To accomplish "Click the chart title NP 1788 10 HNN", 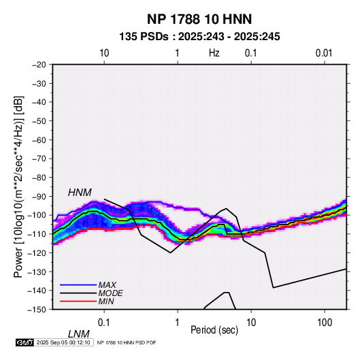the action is (x=199, y=19).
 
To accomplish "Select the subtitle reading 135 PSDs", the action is (x=144, y=37).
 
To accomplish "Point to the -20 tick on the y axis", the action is (x=39, y=65).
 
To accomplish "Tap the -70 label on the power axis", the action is (x=39, y=159).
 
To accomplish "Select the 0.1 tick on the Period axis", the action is (x=104, y=323).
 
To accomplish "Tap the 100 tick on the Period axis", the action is (x=325, y=323).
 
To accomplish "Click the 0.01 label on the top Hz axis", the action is (x=324, y=53).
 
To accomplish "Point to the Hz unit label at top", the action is (x=214, y=53).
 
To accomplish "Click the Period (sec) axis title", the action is (x=214, y=330).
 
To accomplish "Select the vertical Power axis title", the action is (x=18, y=186).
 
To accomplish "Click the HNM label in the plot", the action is (x=80, y=193).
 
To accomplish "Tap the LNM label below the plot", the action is (x=78, y=334).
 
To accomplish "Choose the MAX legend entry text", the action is (x=107, y=285).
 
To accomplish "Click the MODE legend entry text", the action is (x=110, y=293).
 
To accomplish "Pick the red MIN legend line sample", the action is (x=78, y=301).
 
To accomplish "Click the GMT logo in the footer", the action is (x=25, y=342).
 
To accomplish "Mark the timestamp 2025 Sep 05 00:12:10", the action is (x=63, y=342).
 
